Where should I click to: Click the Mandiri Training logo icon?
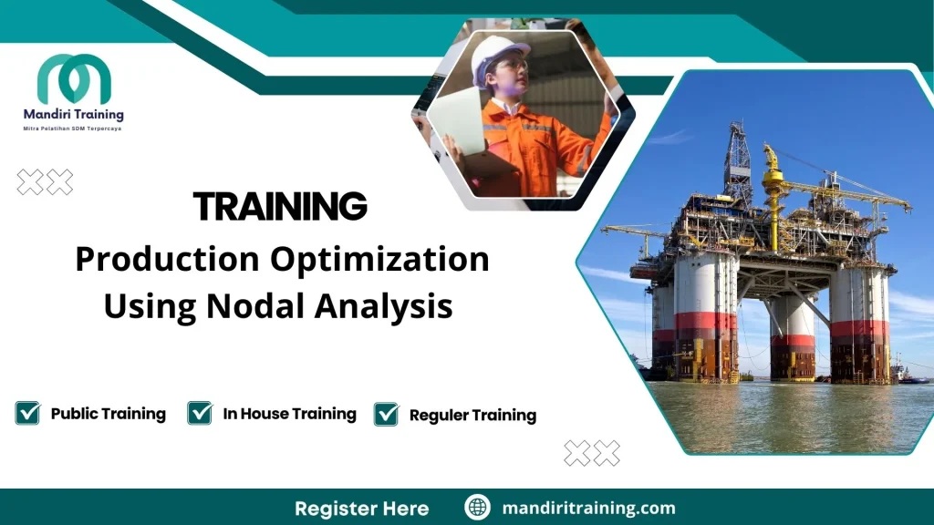point(74,79)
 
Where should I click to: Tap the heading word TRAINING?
point(280,207)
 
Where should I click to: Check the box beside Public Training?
point(28,413)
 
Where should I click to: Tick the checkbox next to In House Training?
point(200,413)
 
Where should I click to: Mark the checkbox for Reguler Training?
point(387,414)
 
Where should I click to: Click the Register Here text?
point(361,508)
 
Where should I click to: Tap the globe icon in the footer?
point(477,508)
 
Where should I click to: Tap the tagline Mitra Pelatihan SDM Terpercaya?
point(72,129)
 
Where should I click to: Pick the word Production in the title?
point(166,260)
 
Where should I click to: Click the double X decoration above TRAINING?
point(45,182)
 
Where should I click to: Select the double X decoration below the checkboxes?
point(592,452)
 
